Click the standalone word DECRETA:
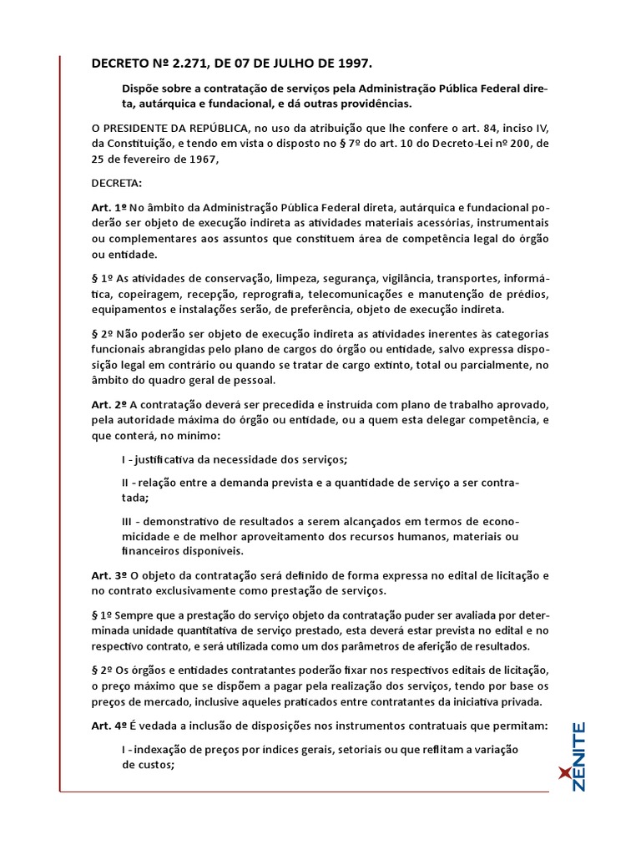[x=117, y=182]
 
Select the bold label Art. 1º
[x=109, y=207]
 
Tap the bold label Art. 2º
[x=109, y=404]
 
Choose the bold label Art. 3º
[x=109, y=575]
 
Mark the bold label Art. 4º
[x=109, y=726]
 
